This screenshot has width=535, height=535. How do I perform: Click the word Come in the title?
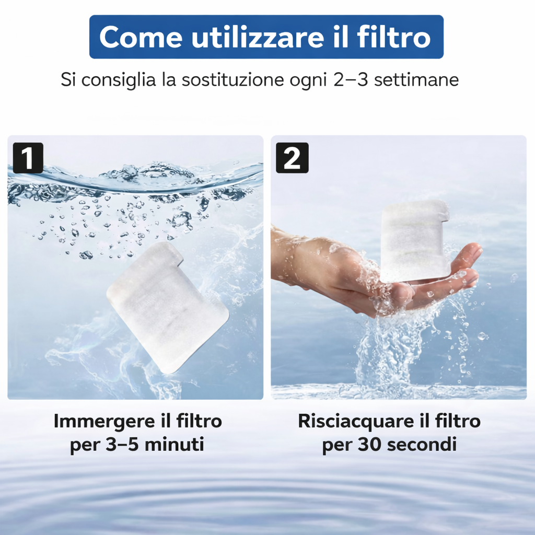click(141, 37)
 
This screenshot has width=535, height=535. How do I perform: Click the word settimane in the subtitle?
click(416, 79)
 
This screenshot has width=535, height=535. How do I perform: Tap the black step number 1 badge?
click(28, 158)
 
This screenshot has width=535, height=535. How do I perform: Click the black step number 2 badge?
click(292, 158)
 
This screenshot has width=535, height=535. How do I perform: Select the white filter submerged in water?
click(167, 307)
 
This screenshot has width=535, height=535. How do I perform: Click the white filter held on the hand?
click(414, 241)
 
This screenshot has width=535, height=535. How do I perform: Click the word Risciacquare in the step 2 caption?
click(358, 422)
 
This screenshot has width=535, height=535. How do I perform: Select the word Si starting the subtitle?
click(68, 79)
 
